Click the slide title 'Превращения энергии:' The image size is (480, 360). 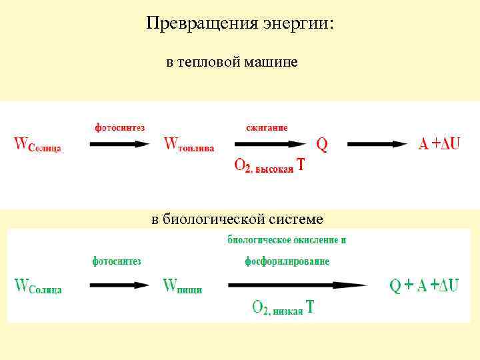[240, 24]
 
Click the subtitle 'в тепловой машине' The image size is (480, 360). [231, 63]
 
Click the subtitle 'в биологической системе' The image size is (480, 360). [237, 219]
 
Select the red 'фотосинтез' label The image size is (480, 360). [119, 127]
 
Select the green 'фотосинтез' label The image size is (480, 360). [117, 261]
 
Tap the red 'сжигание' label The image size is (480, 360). [267, 127]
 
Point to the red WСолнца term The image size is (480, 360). [38, 145]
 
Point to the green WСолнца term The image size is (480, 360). [38, 287]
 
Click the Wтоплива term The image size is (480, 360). [189, 145]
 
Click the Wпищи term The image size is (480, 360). [183, 287]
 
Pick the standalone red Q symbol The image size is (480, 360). [322, 144]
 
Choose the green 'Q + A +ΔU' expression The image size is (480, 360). [424, 286]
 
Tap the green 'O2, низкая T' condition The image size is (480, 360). [283, 307]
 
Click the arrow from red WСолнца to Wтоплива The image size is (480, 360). [119, 144]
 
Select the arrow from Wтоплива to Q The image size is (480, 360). [269, 144]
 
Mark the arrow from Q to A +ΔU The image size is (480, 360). [377, 144]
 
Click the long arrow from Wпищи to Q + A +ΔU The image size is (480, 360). [297, 286]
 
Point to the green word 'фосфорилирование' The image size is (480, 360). [287, 261]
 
